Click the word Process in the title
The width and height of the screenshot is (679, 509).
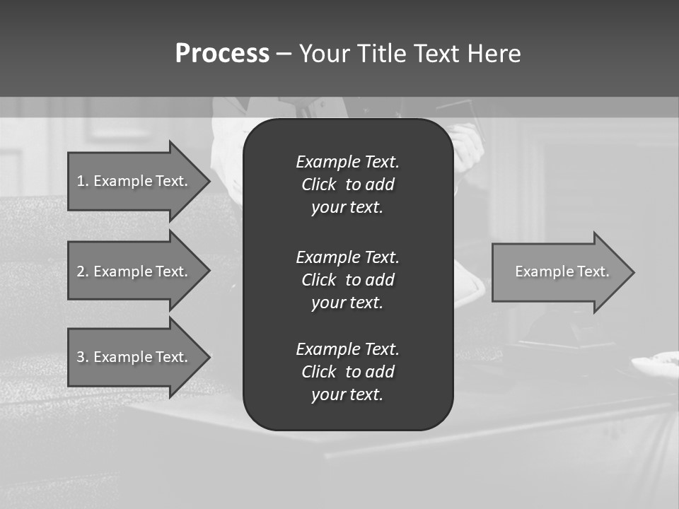pyautogui.click(x=222, y=53)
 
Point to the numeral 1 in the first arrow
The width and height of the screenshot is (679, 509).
pyautogui.click(x=81, y=181)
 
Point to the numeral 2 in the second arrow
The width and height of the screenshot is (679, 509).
pyautogui.click(x=81, y=271)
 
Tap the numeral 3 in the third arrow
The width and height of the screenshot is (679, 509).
pyautogui.click(x=81, y=357)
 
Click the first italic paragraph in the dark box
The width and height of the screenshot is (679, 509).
pyautogui.click(x=347, y=185)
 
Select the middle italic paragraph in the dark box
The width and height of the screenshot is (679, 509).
pyautogui.click(x=347, y=280)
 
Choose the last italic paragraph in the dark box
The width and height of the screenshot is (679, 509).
pyautogui.click(x=347, y=372)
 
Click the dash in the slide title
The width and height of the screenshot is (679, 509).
pyautogui.click(x=284, y=53)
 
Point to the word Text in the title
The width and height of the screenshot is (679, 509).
pyautogui.click(x=436, y=53)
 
